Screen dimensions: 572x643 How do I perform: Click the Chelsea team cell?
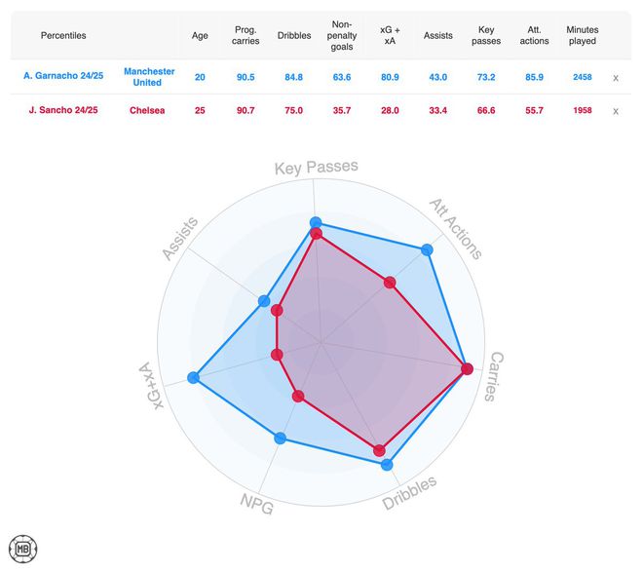point(147,111)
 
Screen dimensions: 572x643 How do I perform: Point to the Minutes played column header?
point(582,35)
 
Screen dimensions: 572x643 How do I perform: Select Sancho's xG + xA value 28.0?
point(390,111)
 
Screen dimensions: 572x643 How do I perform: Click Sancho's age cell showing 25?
point(200,111)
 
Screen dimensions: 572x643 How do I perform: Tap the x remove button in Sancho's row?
point(616,111)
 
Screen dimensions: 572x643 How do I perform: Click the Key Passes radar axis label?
point(316,168)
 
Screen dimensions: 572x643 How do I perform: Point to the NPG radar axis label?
point(256,503)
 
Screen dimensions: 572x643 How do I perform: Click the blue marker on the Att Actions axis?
point(427,250)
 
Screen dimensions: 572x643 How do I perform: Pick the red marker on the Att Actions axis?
point(390,284)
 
